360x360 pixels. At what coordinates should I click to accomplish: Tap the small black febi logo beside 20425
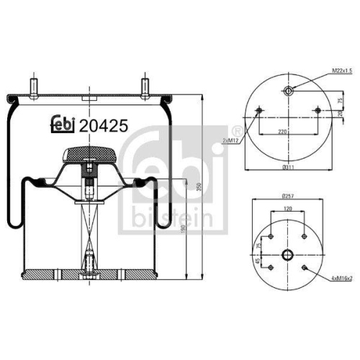tap(63, 124)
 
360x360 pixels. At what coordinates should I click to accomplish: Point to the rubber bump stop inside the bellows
tap(89, 153)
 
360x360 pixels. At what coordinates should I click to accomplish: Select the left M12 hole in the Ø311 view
tap(257, 109)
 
